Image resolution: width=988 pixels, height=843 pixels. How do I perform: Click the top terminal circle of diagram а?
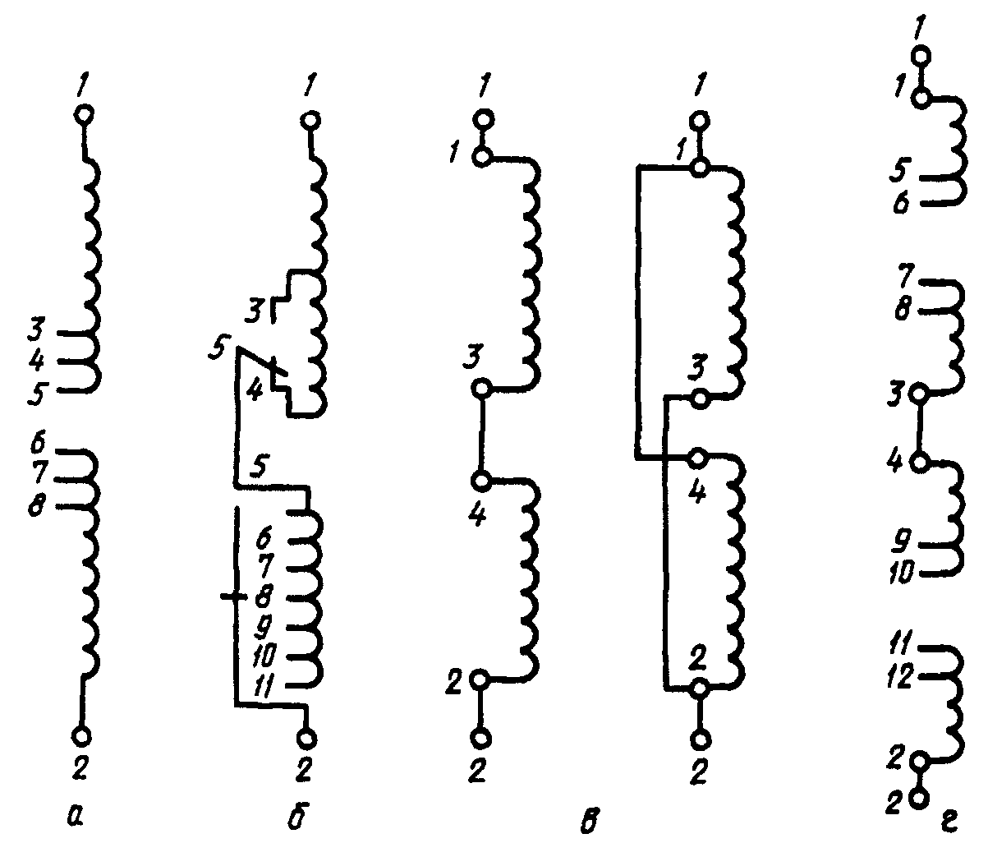[x=82, y=114]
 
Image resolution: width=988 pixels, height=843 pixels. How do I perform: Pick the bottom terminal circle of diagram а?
[x=81, y=735]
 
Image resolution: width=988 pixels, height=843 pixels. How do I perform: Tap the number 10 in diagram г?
[x=902, y=572]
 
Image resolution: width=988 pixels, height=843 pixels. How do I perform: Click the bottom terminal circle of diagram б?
[x=307, y=739]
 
